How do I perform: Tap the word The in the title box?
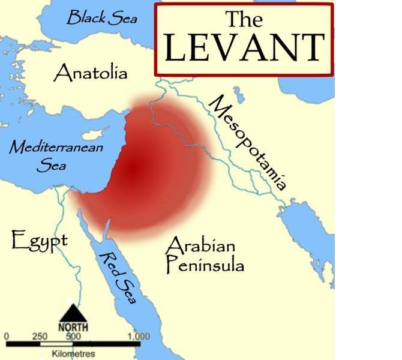click(244, 19)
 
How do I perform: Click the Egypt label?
click(39, 242)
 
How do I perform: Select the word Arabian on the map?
click(200, 245)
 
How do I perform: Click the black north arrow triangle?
click(73, 313)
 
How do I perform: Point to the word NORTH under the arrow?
click(73, 328)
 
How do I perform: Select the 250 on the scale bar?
click(40, 336)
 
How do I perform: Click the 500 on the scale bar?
click(73, 336)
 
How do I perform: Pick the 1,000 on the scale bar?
click(139, 336)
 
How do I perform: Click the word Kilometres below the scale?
click(73, 354)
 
